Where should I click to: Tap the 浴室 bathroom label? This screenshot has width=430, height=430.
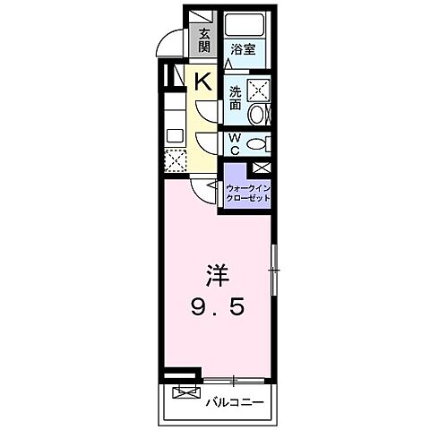click(242, 50)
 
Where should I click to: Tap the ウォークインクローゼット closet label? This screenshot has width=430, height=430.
click(247, 193)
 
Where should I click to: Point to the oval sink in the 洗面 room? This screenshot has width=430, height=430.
click(256, 115)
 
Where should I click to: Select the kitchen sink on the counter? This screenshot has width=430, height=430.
click(175, 135)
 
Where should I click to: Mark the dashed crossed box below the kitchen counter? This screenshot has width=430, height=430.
click(175, 160)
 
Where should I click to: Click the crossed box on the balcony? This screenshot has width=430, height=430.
click(185, 392)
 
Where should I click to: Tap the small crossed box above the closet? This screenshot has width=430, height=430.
click(260, 168)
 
